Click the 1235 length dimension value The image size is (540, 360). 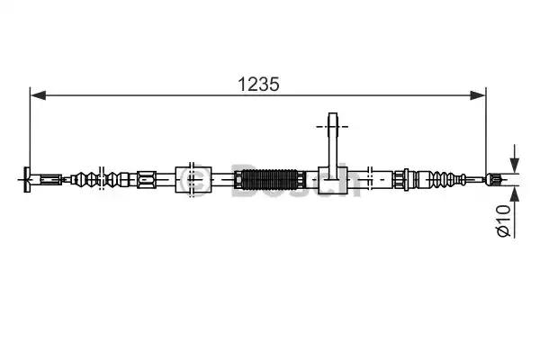(x=258, y=84)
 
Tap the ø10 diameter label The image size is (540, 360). (x=504, y=220)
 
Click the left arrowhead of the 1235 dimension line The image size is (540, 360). (x=38, y=95)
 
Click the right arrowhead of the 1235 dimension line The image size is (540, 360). (x=478, y=95)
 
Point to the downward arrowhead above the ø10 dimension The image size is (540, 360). (x=515, y=166)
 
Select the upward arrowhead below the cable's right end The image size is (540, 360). (x=515, y=193)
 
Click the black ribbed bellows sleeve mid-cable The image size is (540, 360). (x=269, y=179)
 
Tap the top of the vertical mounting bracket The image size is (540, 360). (x=333, y=114)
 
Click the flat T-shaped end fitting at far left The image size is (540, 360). (x=27, y=179)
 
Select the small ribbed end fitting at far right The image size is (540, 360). (x=491, y=179)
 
